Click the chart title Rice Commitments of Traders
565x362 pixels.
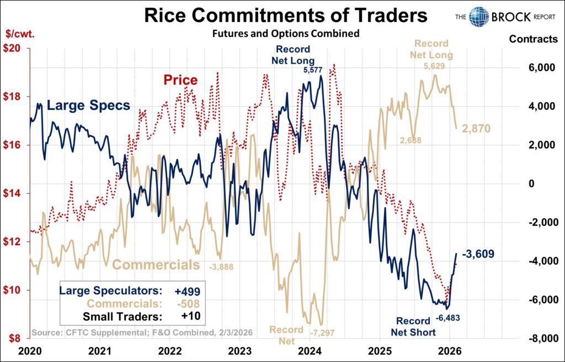point(285,15)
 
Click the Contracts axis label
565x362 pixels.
point(533,39)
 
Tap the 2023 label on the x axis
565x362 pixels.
point(240,350)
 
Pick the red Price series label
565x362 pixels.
point(180,80)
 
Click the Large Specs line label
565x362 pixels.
point(88,105)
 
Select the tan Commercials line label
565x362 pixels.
point(156,264)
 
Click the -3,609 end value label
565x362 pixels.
point(477,254)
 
